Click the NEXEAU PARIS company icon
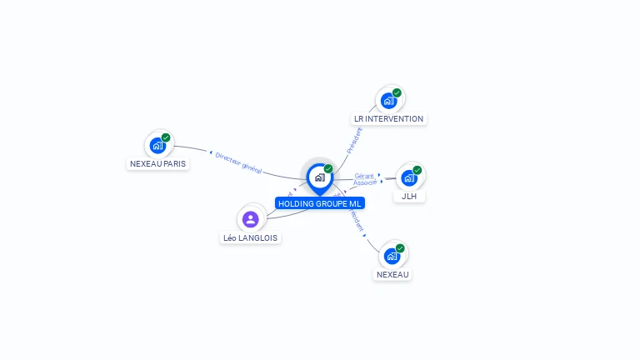point(157,146)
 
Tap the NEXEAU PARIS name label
point(158,163)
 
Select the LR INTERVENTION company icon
point(388,101)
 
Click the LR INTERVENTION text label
point(388,119)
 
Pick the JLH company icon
point(408,177)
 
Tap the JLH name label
point(409,197)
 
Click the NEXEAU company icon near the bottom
point(392,256)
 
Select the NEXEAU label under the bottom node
point(393,274)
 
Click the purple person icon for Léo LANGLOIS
point(251,219)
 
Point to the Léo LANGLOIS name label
point(251,237)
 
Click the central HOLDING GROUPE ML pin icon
point(319,177)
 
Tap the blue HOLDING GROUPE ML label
point(320,203)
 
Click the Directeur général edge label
point(238,162)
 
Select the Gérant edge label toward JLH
point(363,176)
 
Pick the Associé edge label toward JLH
point(365,182)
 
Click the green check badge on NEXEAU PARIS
point(166,137)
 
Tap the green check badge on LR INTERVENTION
point(397,92)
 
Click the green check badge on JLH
point(417,170)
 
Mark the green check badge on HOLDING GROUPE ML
point(328,169)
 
